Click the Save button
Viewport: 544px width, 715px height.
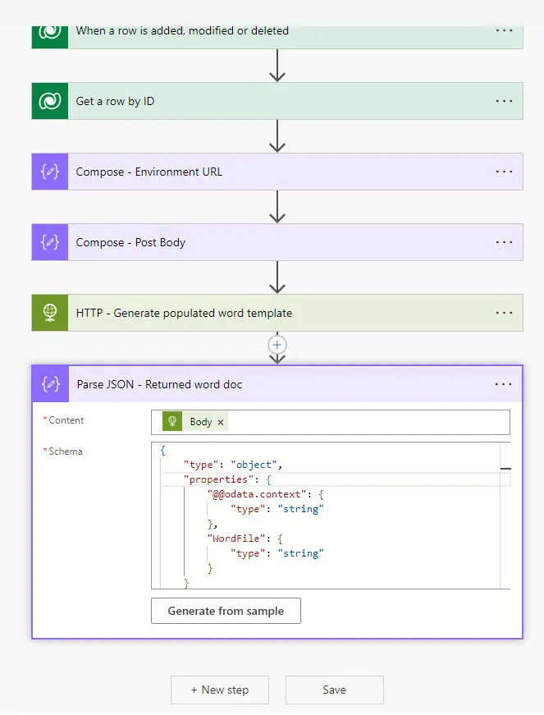pyautogui.click(x=334, y=690)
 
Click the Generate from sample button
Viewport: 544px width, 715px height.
pyautogui.click(x=226, y=611)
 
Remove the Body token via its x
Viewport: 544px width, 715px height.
pyautogui.click(x=221, y=422)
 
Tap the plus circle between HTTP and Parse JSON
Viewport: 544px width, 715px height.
pyautogui.click(x=277, y=345)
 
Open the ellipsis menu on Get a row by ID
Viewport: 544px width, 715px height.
pyautogui.click(x=504, y=101)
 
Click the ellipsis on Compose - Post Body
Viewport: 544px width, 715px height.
pyautogui.click(x=504, y=242)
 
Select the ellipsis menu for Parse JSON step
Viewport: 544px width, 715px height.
pyautogui.click(x=504, y=384)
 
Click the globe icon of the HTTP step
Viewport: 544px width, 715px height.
pyautogui.click(x=50, y=313)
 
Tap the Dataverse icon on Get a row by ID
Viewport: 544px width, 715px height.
pyautogui.click(x=50, y=101)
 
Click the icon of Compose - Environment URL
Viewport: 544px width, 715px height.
pyautogui.click(x=50, y=172)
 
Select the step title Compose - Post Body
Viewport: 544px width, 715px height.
pyautogui.click(x=130, y=242)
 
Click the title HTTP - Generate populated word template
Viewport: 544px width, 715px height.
pyautogui.click(x=184, y=313)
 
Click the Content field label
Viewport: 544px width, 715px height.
pyautogui.click(x=66, y=420)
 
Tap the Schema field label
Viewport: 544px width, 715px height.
pyautogui.click(x=66, y=451)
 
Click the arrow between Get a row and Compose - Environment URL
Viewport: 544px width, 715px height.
pyautogui.click(x=277, y=136)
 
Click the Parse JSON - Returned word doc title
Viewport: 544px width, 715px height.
pyautogui.click(x=159, y=384)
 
